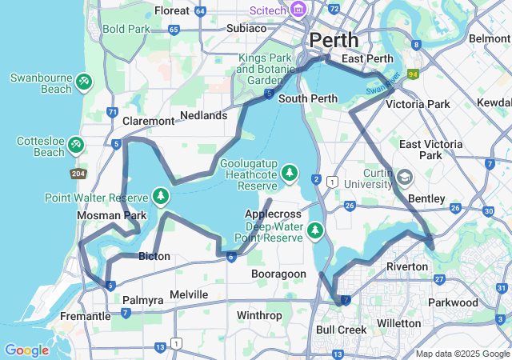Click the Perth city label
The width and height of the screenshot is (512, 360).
click(x=334, y=40)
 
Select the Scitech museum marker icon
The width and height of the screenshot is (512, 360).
click(x=299, y=10)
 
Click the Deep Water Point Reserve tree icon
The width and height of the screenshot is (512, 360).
click(x=316, y=231)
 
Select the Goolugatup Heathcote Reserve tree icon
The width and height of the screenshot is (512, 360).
click(x=289, y=173)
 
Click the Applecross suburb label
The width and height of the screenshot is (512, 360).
click(x=273, y=214)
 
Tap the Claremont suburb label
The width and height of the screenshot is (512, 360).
click(x=149, y=121)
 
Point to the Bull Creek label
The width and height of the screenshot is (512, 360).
click(x=341, y=330)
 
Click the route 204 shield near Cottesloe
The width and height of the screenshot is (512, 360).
click(x=78, y=174)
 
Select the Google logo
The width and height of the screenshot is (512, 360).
click(x=26, y=350)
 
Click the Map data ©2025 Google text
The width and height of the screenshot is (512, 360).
click(x=462, y=354)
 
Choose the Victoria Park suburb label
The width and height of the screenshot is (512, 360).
click(x=418, y=104)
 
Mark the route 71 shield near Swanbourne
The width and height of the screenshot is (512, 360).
click(x=112, y=112)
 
